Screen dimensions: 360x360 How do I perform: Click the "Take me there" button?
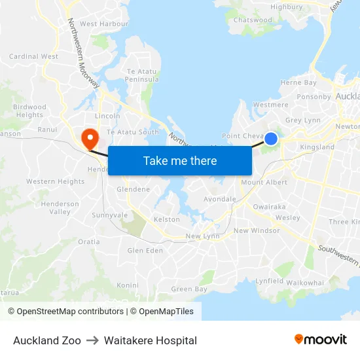pos(180,160)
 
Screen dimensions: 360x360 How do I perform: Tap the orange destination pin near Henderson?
pos(88,138)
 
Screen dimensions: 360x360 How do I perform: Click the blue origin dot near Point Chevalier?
pos(271,139)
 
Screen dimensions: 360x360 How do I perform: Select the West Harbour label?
pos(104,24)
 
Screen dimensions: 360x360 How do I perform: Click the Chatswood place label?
pos(253,20)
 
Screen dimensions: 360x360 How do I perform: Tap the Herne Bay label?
pos(298,83)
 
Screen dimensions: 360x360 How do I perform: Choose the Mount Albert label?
pos(264,183)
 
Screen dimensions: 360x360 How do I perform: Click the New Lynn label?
pos(202,236)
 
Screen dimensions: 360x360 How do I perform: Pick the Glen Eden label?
pos(145,251)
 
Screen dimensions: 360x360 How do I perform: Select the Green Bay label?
pos(189,289)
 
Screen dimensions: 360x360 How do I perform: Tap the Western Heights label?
pos(55,182)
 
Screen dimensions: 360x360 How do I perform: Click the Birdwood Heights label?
pos(29,111)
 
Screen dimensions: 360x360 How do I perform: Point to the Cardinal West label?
pos(33,57)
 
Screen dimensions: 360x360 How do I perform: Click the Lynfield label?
pos(269,281)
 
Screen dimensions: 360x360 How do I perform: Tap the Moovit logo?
pos(320,340)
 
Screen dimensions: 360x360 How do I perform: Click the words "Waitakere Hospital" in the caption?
pos(150,340)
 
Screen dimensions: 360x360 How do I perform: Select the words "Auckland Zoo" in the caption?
pos(47,340)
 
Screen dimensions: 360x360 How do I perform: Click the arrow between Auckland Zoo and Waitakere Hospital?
pos(92,340)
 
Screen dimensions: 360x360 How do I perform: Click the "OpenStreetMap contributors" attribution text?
pos(70,312)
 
